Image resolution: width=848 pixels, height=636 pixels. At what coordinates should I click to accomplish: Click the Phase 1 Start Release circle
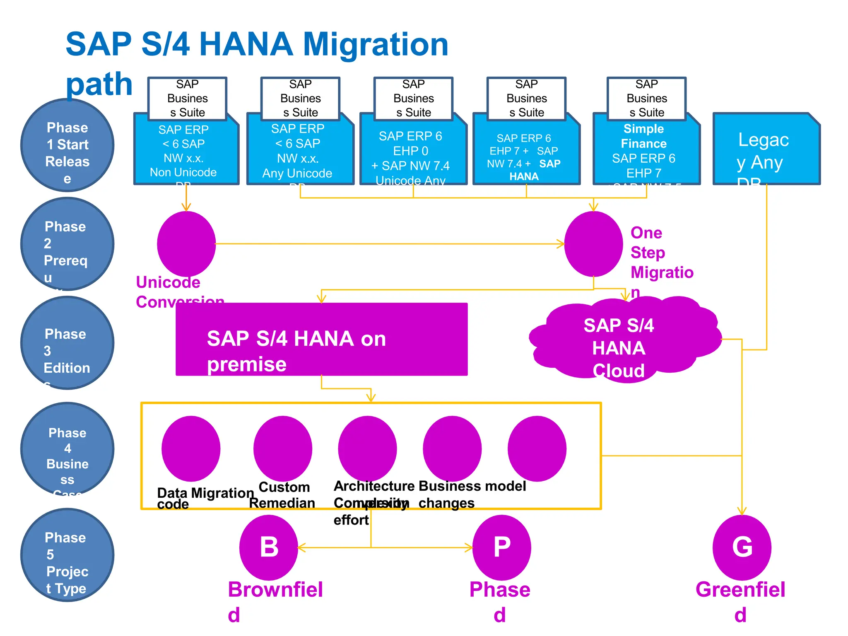(x=67, y=145)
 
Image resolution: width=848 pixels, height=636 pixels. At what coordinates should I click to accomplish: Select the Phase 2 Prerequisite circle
(x=67, y=244)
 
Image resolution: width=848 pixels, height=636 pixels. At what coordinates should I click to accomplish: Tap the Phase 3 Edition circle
(x=67, y=343)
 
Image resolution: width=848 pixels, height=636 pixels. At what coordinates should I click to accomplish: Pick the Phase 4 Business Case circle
(x=67, y=449)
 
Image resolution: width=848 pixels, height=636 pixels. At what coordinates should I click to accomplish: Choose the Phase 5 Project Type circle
(x=67, y=555)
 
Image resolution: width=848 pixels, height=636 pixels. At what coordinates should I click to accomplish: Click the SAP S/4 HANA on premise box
(x=321, y=340)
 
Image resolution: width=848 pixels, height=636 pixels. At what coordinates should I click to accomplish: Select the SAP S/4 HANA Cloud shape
(x=625, y=340)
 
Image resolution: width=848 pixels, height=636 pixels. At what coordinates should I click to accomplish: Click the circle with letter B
(x=269, y=547)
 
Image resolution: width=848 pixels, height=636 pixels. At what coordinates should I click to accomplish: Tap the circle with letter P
(x=501, y=547)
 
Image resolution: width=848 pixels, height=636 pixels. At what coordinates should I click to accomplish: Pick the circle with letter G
(x=742, y=547)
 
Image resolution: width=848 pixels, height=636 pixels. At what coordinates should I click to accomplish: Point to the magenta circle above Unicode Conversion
(x=186, y=244)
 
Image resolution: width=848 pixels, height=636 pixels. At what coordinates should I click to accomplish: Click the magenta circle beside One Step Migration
(x=593, y=244)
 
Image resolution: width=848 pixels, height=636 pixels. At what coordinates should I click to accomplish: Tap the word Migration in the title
(x=376, y=44)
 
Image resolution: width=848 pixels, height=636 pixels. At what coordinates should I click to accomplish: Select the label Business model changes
(x=472, y=494)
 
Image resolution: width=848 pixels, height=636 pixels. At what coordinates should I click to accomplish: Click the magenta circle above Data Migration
(x=191, y=449)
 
